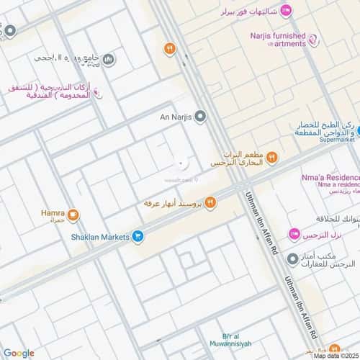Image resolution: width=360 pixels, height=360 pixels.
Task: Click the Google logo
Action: [x=19, y=353]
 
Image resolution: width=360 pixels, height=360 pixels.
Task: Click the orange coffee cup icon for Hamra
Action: [x=74, y=215]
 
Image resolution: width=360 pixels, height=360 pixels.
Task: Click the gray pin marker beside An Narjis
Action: [x=200, y=115]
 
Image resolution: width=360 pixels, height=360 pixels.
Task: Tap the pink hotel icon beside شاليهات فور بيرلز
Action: [x=286, y=10]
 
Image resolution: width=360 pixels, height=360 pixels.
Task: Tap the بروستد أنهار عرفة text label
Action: [x=173, y=203]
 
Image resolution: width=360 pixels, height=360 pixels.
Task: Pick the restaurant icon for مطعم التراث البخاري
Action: [x=272, y=158]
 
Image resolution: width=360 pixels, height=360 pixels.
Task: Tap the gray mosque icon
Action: [x=107, y=59]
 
